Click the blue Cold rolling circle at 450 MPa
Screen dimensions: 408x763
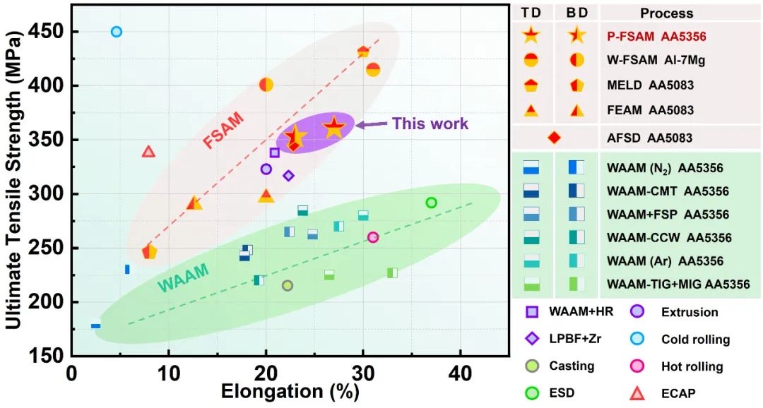(117, 32)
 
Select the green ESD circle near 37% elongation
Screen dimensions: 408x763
(431, 203)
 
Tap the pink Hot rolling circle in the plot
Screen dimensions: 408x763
(373, 237)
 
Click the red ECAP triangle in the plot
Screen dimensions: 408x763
(148, 152)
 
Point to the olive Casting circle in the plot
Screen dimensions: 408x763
(287, 285)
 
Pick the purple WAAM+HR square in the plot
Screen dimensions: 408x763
(275, 152)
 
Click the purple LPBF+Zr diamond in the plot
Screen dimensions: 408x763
(288, 175)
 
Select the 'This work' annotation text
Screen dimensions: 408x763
(430, 124)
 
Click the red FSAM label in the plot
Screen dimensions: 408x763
(223, 131)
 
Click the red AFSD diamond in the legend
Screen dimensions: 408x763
(554, 137)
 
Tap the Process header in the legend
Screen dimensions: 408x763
(666, 13)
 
